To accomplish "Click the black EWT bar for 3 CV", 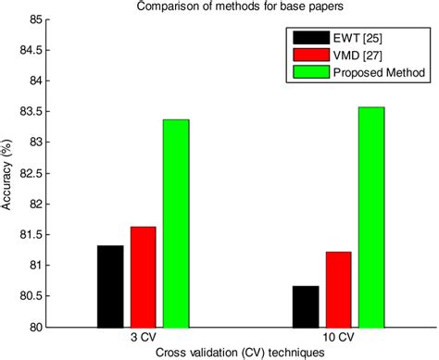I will click(x=109, y=286).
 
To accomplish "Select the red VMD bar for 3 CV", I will click(x=143, y=277).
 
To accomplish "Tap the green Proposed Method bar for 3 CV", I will click(x=176, y=223).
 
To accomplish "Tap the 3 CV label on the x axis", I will click(x=143, y=338).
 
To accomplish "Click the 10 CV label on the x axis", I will click(x=339, y=338).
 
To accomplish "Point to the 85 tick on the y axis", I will click(x=31, y=19).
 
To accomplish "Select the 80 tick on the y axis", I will click(x=31, y=327).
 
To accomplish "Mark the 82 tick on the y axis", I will click(x=31, y=204).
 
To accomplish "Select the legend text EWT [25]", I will click(x=356, y=39).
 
